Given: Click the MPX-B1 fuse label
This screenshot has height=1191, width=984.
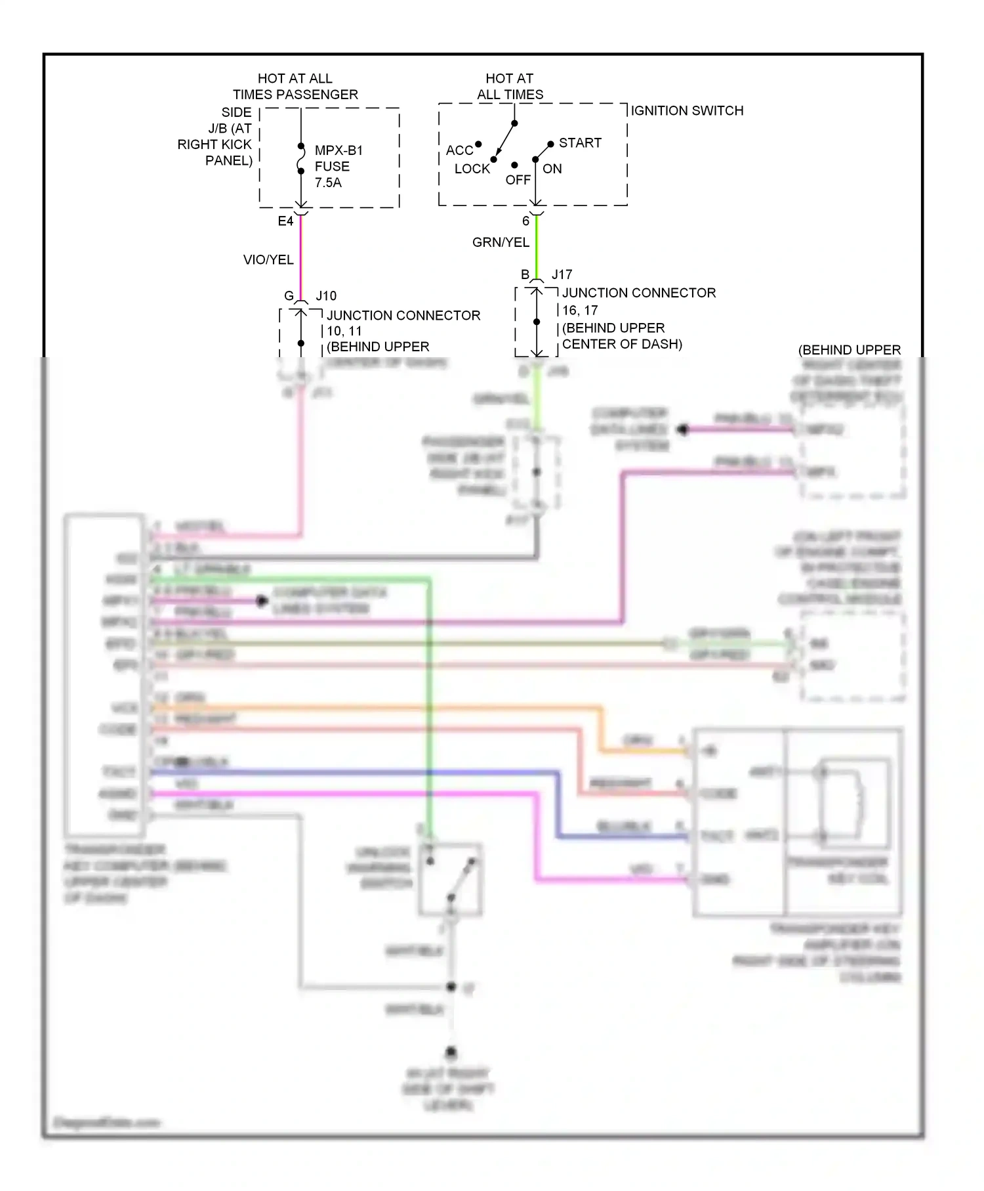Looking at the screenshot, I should point(338,150).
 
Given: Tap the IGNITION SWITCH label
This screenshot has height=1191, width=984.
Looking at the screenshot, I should point(687,111).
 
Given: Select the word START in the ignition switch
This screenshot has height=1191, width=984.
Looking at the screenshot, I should point(580,143).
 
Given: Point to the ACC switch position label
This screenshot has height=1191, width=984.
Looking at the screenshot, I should point(459,150).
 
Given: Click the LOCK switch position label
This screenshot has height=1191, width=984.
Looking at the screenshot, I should point(472,169).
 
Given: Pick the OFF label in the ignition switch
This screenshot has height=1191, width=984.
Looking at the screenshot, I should point(518,180).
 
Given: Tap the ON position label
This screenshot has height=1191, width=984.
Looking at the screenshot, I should point(552,169).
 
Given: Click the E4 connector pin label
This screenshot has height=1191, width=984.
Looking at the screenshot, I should point(285,221).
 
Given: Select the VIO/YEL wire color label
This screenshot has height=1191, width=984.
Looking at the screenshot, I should point(268,260).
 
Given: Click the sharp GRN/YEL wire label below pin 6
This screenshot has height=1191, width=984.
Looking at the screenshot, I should point(501,242).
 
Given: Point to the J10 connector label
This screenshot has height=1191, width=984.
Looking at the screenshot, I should point(326,296).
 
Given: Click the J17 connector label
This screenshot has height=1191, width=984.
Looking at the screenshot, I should point(562,274).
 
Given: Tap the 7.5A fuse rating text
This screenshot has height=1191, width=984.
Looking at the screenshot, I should point(328,183).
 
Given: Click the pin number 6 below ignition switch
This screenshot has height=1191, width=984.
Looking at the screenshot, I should point(525,221).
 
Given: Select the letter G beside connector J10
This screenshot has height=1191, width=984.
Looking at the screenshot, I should point(289,296).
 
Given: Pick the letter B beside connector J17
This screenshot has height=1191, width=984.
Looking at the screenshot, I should point(525,274).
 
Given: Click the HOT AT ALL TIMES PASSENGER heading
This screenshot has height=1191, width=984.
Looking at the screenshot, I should point(295,87).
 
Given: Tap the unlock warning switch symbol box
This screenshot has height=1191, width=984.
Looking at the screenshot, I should point(451,878).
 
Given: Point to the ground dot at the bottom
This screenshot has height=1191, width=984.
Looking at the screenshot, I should point(451,1053).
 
